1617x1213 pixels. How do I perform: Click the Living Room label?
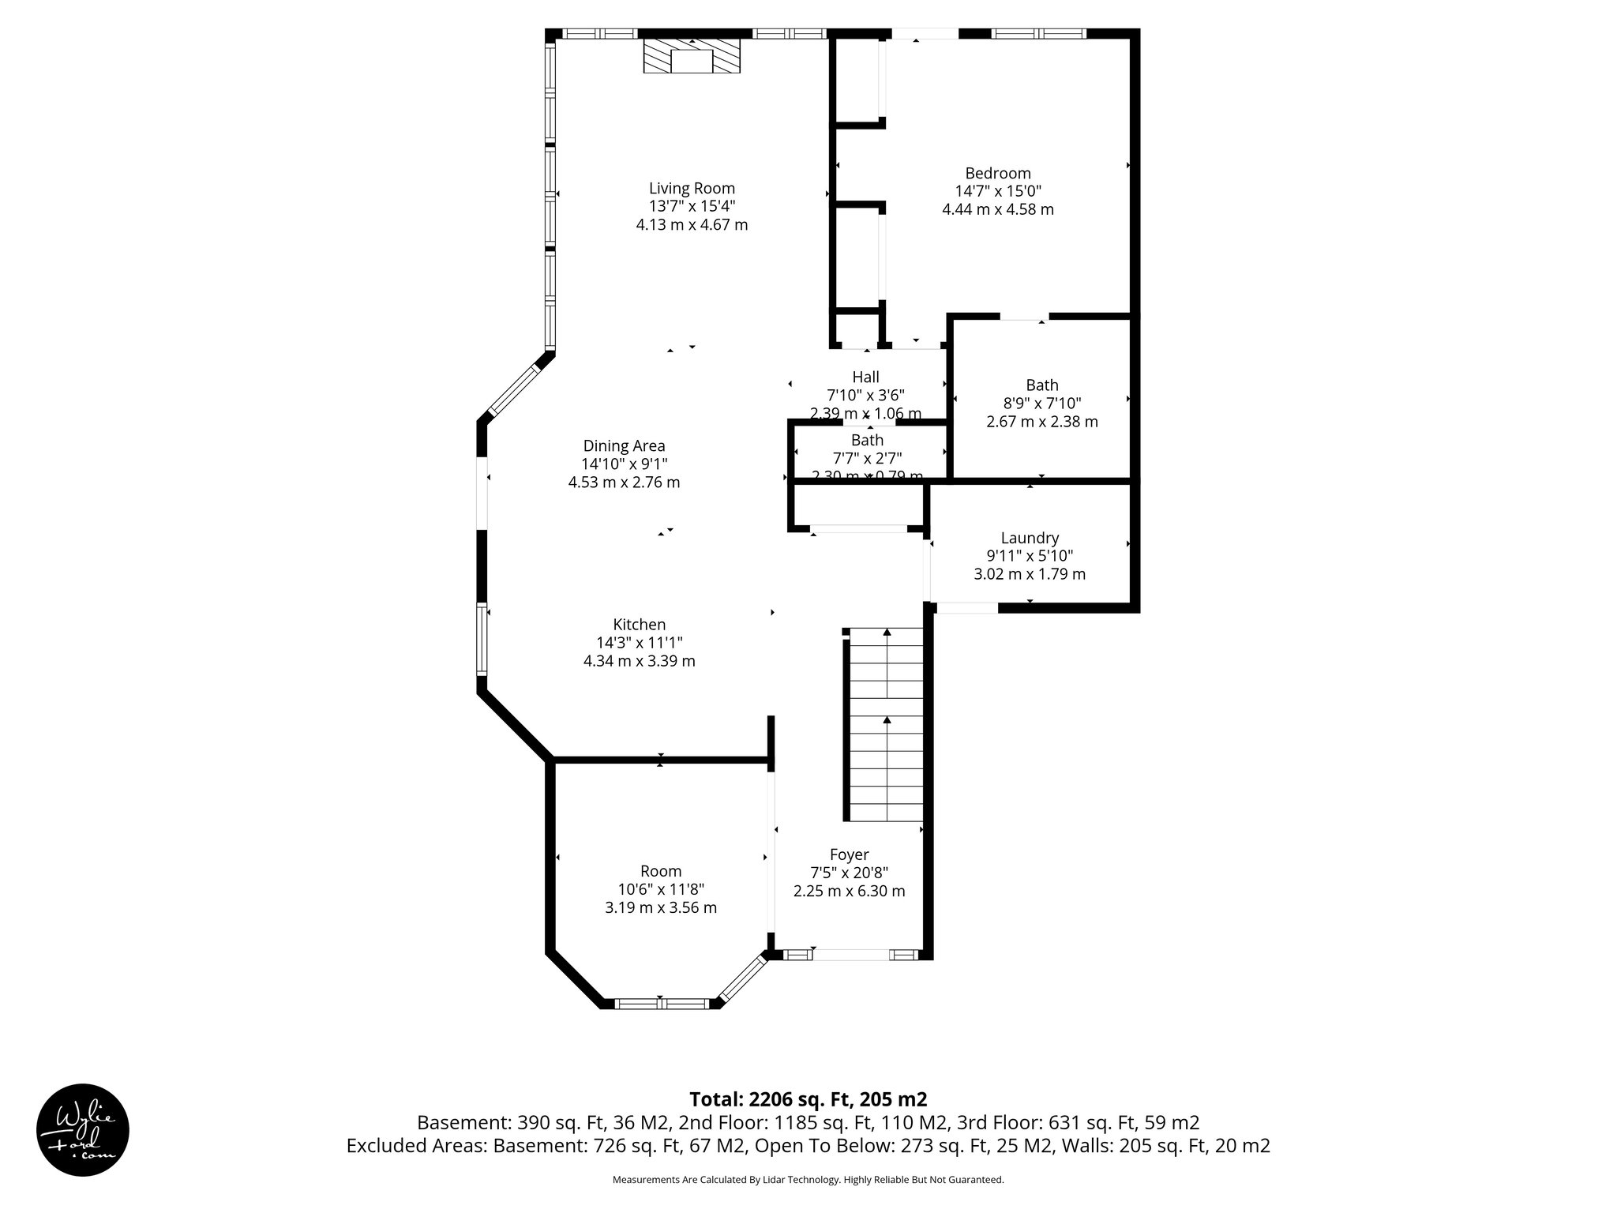pos(692,188)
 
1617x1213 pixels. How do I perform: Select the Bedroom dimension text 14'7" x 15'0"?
pos(998,191)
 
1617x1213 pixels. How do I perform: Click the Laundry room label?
pos(1030,538)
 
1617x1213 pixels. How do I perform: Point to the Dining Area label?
pos(624,445)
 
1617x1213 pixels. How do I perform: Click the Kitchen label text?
pos(639,625)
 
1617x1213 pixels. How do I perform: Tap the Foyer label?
pos(849,854)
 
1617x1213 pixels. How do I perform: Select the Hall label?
pos(865,377)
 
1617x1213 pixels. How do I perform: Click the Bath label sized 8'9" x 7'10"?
pos(1041,385)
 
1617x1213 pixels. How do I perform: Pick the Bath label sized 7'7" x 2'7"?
pos(867,440)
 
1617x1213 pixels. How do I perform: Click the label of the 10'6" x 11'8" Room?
pos(660,871)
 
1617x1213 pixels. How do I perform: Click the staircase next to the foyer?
pos(886,725)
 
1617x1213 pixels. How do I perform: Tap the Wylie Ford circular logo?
pos(83,1129)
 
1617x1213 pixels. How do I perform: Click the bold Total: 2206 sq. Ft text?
pos(808,1099)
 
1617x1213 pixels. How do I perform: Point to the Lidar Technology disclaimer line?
pos(808,1180)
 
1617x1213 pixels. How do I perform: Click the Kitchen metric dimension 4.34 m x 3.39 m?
pos(639,661)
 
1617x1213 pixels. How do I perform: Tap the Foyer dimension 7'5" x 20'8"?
pos(849,873)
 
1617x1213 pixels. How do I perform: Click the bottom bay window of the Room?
pos(662,1004)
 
